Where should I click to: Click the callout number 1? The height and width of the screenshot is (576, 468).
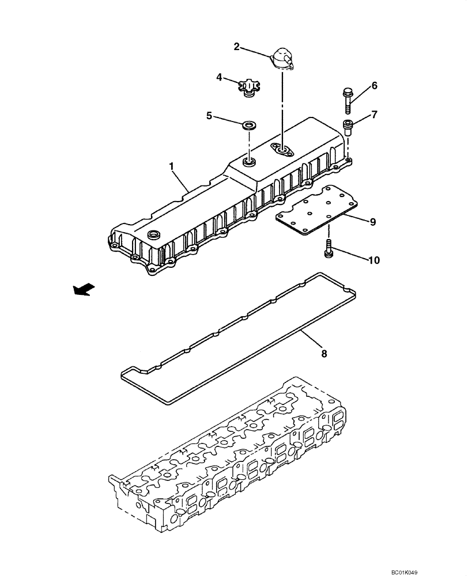[171, 166]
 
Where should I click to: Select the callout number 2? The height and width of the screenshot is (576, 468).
[236, 47]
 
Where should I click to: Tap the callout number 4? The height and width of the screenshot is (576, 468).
[219, 77]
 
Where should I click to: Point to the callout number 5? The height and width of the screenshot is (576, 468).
[210, 115]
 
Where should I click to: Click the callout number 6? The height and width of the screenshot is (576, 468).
[374, 86]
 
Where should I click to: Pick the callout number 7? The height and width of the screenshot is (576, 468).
[374, 114]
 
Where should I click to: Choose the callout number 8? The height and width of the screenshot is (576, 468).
[324, 353]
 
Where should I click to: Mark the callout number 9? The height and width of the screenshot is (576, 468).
[373, 222]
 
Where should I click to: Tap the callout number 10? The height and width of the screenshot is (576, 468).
[374, 260]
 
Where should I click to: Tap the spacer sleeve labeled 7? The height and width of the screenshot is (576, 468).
[348, 126]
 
